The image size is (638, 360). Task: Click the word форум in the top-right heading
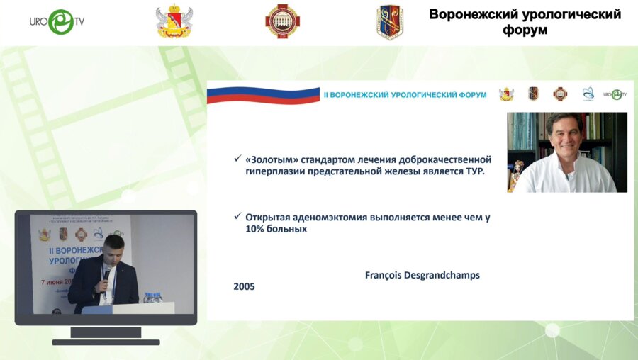click(525, 31)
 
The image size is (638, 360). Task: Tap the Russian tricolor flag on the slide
click(262, 95)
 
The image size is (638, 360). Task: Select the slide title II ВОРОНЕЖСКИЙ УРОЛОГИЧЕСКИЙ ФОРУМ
click(405, 94)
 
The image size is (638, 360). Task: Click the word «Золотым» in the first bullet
click(270, 159)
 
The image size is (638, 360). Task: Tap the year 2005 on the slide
click(244, 287)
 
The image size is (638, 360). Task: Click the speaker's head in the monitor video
click(113, 248)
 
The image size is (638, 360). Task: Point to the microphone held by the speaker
click(107, 273)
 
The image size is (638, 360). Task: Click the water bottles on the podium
click(152, 297)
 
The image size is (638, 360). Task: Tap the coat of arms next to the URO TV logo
click(174, 22)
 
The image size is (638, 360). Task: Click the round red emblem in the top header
click(282, 22)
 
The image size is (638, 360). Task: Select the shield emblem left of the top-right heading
click(390, 22)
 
